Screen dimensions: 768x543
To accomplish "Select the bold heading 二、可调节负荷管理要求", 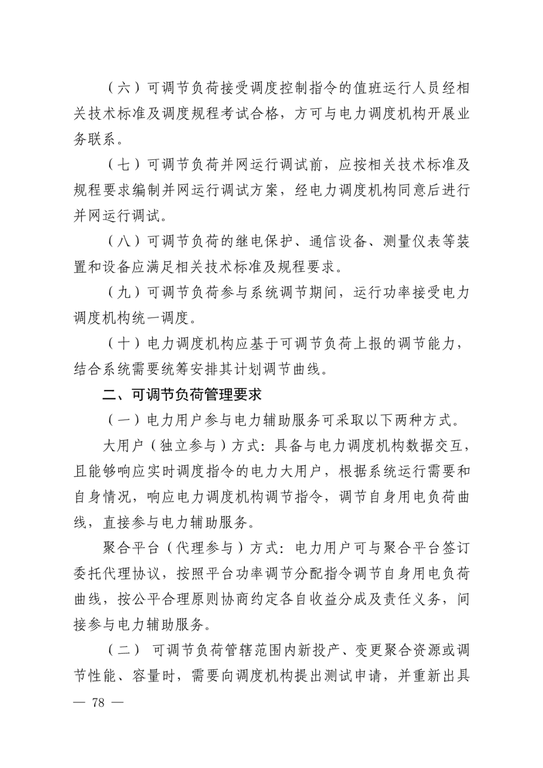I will (182, 394).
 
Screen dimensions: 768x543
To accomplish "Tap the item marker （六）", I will (124, 88).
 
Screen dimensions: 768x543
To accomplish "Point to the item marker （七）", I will (124, 164).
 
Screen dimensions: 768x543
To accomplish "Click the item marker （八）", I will (124, 241).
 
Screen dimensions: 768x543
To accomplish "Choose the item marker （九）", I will (124, 292).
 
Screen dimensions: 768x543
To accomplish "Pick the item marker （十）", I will (124, 344).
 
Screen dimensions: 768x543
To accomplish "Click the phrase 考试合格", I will (249, 114).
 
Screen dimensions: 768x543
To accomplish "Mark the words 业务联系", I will (96, 139).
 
